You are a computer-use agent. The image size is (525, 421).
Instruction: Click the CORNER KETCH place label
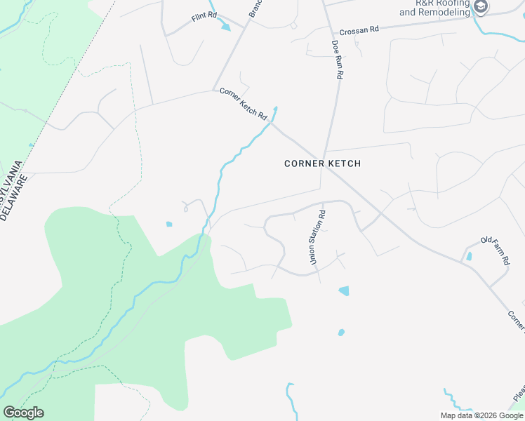tap(322, 163)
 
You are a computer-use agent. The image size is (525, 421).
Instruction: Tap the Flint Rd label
tap(203, 17)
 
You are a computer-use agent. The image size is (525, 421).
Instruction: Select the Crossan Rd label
tap(359, 31)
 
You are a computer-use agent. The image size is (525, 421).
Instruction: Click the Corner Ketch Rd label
tap(244, 103)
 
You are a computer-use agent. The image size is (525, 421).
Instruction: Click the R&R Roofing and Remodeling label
tap(443, 8)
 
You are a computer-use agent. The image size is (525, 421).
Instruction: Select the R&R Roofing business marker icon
tap(481, 7)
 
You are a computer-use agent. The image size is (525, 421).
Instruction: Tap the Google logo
tap(23, 412)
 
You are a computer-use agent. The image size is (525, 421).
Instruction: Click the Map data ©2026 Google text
tap(481, 415)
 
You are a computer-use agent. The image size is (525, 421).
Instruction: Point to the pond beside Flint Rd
tap(225, 27)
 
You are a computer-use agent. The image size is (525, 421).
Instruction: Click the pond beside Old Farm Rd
tap(469, 256)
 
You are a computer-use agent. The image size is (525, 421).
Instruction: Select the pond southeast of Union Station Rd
tap(344, 290)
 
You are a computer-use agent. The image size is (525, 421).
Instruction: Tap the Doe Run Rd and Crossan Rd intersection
tap(331, 32)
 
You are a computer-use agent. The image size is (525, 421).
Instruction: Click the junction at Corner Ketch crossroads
tap(323, 157)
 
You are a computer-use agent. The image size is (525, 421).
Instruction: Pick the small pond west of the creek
tap(168, 225)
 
